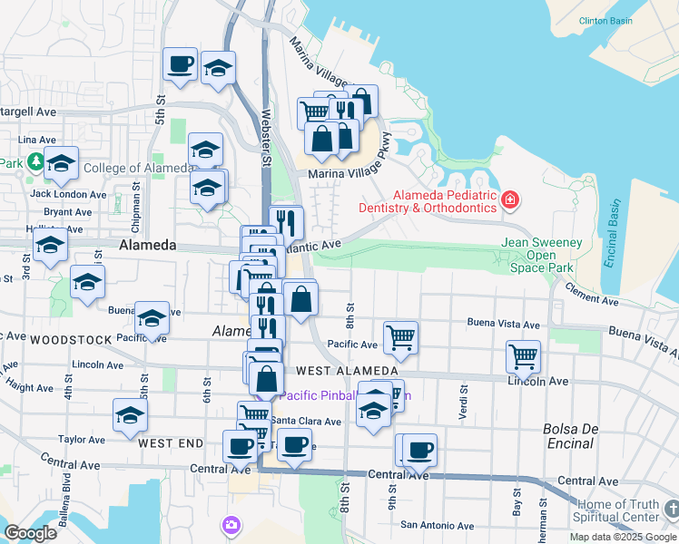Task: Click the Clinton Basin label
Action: tap(605, 20)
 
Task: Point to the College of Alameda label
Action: tap(124, 168)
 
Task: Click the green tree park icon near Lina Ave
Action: tap(35, 162)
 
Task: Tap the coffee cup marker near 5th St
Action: tap(180, 64)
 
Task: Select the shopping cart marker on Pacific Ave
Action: tap(400, 337)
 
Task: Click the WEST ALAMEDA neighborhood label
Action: tap(347, 372)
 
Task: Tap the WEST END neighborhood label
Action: tap(171, 443)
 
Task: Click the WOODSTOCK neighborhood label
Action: tap(71, 340)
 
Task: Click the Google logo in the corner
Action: tap(30, 533)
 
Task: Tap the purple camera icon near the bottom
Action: tap(231, 525)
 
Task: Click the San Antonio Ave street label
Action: tap(438, 525)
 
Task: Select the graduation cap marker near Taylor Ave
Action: tap(130, 415)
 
